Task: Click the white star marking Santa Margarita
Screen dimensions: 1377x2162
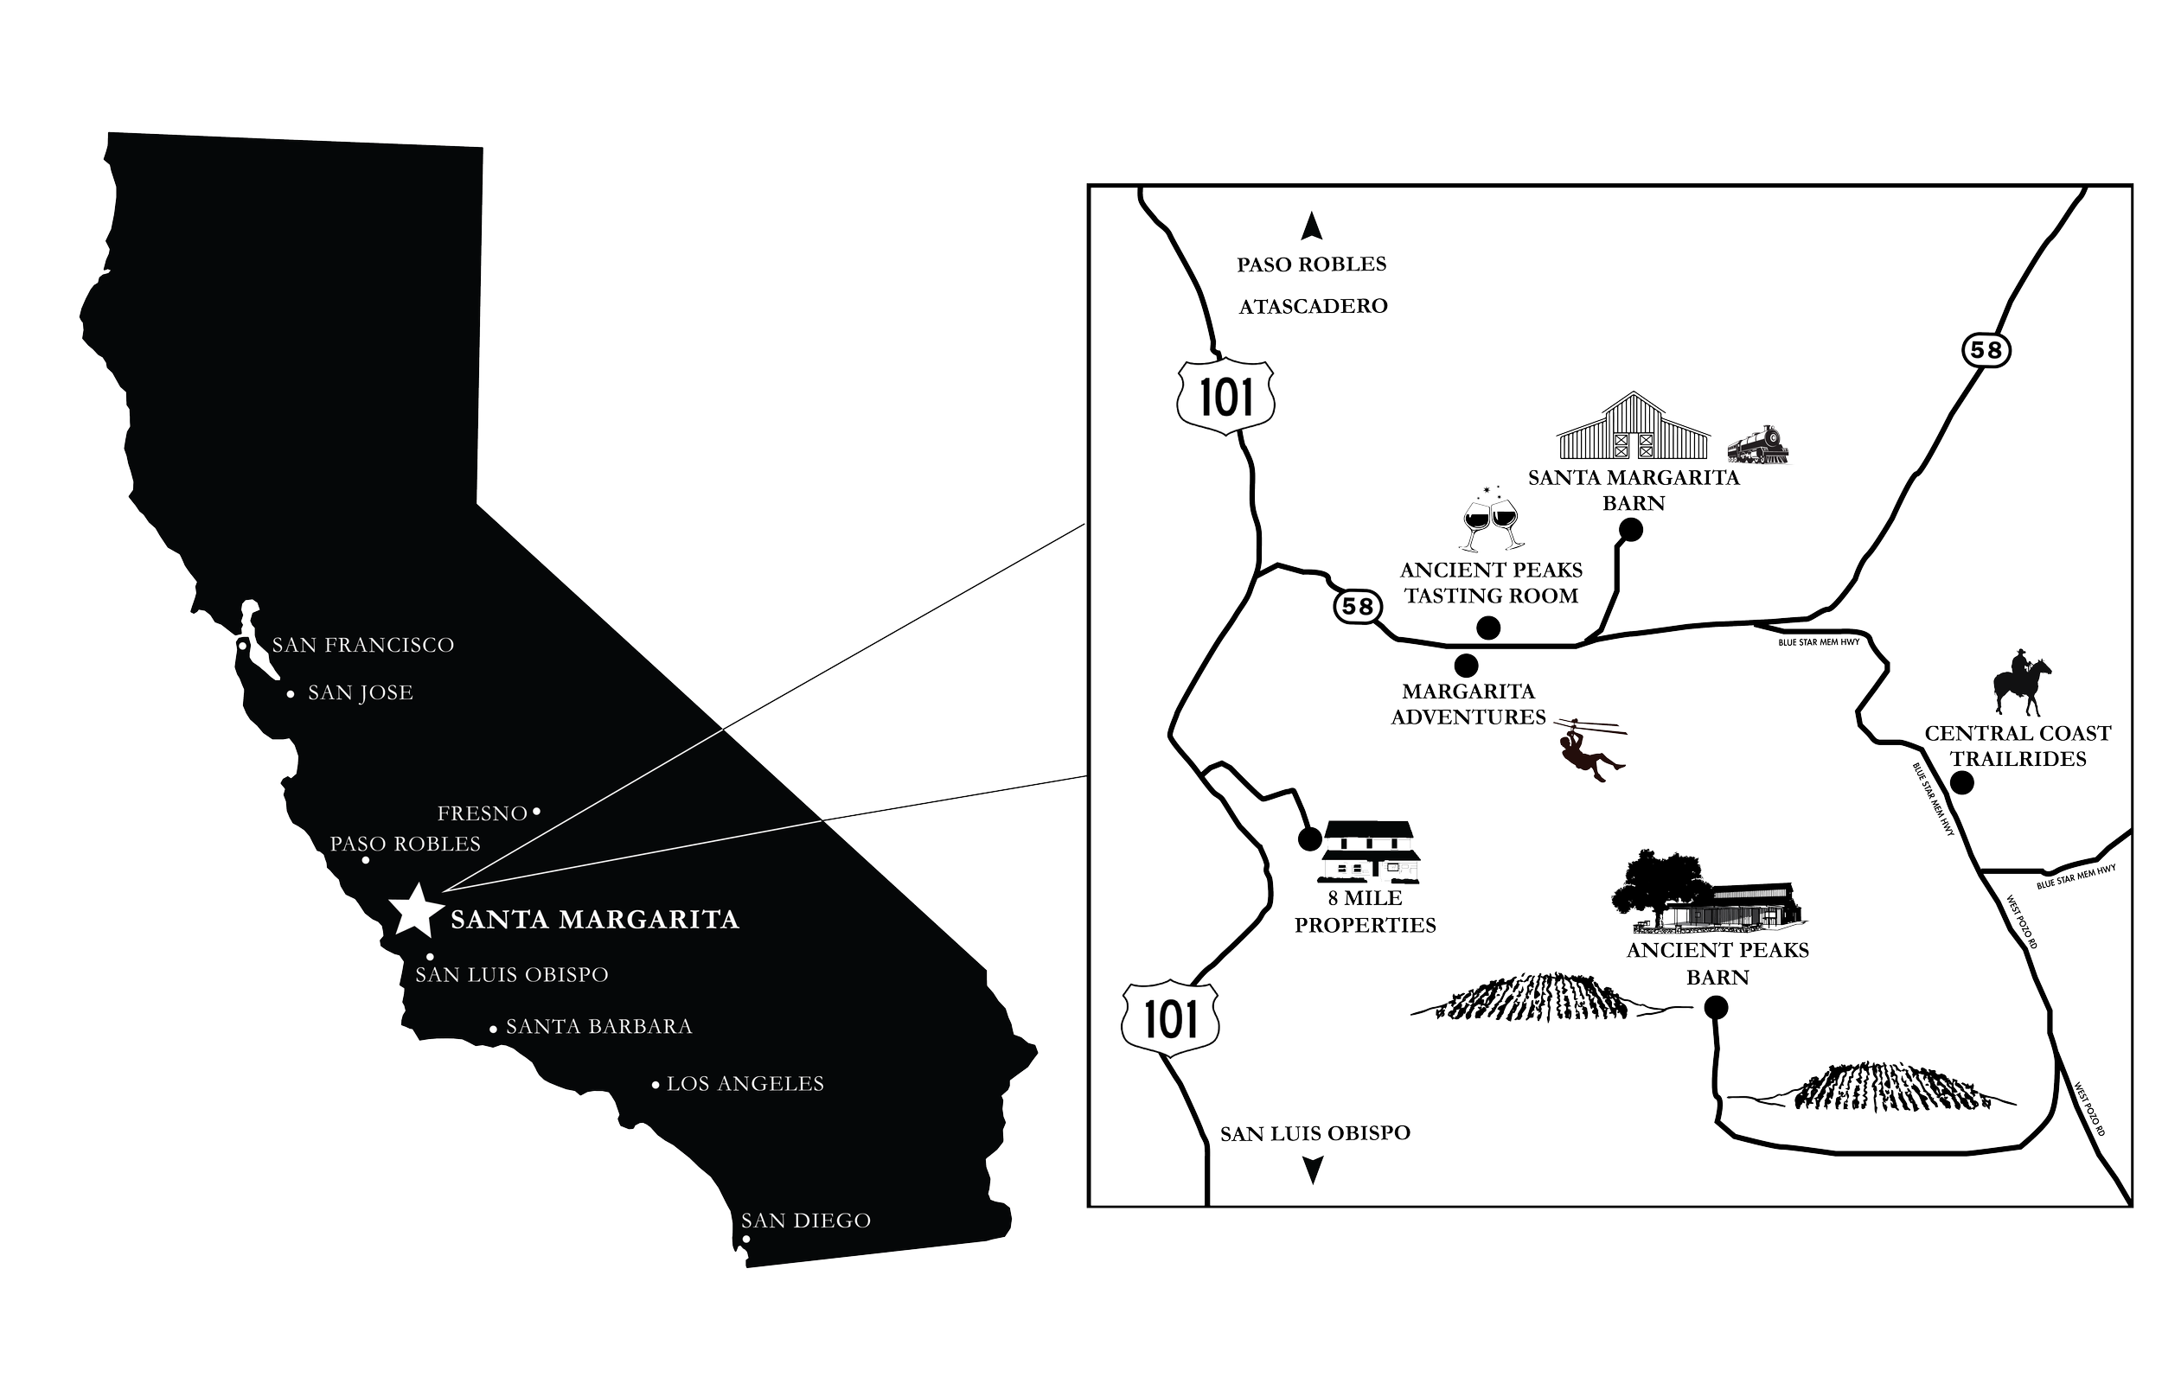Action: click(415, 910)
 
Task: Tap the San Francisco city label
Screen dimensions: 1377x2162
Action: click(362, 646)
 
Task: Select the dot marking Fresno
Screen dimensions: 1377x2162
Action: click(537, 812)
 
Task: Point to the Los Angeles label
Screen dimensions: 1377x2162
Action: click(745, 1084)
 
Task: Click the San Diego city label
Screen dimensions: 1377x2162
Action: click(805, 1221)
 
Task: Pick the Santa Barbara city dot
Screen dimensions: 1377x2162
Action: click(494, 1029)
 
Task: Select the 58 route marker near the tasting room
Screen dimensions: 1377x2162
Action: click(1357, 607)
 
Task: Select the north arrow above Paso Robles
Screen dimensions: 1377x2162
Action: click(1312, 226)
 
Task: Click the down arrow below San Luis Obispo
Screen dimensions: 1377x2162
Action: click(1312, 1169)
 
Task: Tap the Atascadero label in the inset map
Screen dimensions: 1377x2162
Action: click(1312, 306)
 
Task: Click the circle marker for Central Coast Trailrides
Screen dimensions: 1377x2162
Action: click(1964, 783)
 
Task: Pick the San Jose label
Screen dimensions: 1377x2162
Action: click(360, 693)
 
